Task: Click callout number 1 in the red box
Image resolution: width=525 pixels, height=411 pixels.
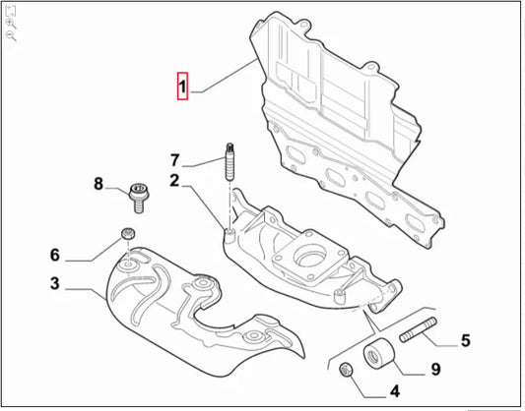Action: point(182,87)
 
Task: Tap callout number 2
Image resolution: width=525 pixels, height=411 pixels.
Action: point(174,181)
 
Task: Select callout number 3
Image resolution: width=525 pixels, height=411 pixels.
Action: point(55,283)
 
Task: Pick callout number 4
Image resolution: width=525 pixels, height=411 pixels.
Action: point(395,391)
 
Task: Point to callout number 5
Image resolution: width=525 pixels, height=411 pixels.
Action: point(466,340)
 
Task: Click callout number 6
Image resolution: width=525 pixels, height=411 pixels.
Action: point(55,255)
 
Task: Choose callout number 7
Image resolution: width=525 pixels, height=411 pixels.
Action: point(174,160)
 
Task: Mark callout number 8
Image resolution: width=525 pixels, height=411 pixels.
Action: point(98,184)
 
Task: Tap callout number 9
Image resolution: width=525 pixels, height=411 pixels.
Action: point(435,370)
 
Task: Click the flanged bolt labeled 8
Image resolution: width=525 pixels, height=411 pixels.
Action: point(139,198)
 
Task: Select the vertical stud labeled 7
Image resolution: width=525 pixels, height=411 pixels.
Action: point(230,162)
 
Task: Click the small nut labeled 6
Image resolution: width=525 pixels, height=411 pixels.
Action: point(128,233)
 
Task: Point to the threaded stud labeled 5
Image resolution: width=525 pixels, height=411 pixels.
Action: point(419,329)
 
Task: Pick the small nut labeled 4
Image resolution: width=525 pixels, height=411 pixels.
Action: point(346,370)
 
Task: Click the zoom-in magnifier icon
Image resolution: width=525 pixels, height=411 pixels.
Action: point(11,24)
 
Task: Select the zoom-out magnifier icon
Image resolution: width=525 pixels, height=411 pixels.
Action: point(11,35)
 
